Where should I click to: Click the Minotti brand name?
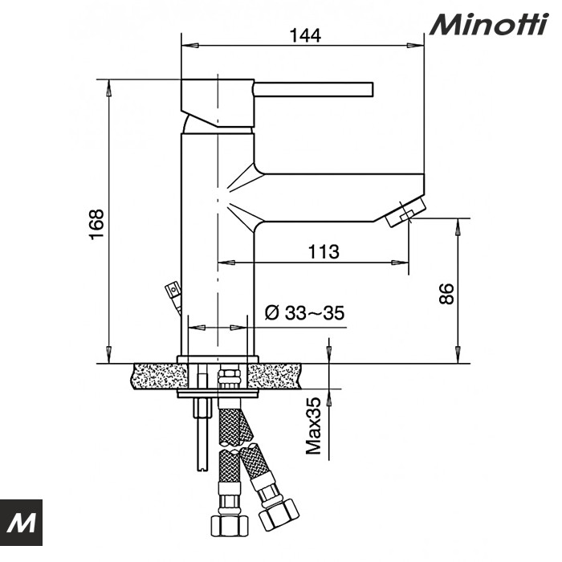(x=489, y=24)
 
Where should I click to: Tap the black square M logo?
(x=21, y=522)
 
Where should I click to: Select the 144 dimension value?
(x=305, y=35)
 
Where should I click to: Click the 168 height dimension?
(x=97, y=224)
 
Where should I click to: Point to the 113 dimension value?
(x=324, y=251)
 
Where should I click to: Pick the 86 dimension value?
(x=447, y=294)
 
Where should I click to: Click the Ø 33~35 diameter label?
(x=304, y=312)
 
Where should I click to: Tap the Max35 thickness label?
(x=314, y=426)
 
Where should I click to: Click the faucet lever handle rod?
(x=314, y=89)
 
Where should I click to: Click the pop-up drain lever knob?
(x=173, y=288)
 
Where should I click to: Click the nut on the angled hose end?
(x=279, y=515)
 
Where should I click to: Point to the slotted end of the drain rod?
(x=203, y=466)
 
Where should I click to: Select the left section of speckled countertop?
(x=161, y=377)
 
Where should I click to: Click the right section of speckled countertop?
(x=275, y=377)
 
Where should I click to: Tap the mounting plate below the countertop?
(x=218, y=393)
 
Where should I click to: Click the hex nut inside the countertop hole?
(x=230, y=377)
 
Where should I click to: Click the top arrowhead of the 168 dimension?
(x=108, y=88)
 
